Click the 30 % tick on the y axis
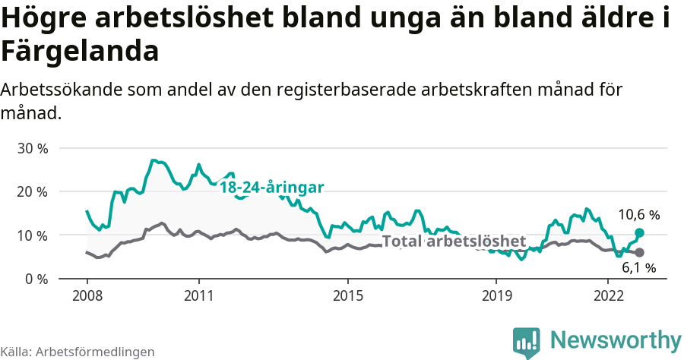[32, 148]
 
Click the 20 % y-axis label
[32, 192]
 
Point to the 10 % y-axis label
[32, 235]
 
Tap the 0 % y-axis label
[36, 279]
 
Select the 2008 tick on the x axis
[87, 295]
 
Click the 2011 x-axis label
[198, 295]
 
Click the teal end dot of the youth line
[639, 232]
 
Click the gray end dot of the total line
[639, 252]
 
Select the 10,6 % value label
[638, 216]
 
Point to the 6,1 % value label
[638, 267]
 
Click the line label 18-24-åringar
[272, 187]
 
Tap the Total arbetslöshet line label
[454, 242]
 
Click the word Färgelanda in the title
[80, 52]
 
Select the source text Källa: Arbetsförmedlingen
[78, 352]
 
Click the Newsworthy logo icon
[527, 342]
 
